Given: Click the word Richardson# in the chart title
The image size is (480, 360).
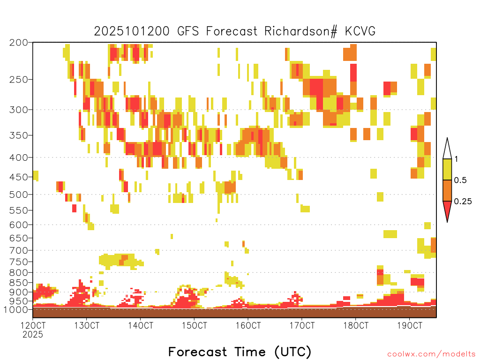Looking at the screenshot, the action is click(301, 31).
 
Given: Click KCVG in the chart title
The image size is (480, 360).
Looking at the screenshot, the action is click(360, 31).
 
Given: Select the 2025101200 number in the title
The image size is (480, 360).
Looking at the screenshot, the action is click(132, 31).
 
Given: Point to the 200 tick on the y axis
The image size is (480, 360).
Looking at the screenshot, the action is click(19, 43).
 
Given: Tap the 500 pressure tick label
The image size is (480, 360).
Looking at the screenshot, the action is click(19, 195).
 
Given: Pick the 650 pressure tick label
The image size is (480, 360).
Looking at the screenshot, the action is click(19, 238).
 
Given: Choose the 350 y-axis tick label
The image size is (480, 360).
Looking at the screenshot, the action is click(19, 135).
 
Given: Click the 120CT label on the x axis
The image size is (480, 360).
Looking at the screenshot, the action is click(33, 325).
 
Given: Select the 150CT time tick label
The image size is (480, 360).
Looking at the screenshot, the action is click(194, 325).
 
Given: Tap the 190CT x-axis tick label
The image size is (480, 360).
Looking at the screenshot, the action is click(410, 325).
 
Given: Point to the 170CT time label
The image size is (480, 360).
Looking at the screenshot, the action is click(302, 325).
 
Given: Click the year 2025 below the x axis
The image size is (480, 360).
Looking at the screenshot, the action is click(33, 335).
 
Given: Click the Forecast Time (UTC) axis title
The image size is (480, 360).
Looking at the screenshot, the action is click(240, 352).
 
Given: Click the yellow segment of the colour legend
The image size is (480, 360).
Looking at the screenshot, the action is click(447, 169).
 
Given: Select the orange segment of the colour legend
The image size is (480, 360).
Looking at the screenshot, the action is click(447, 190).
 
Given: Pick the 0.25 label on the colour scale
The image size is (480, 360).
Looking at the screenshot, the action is click(463, 202).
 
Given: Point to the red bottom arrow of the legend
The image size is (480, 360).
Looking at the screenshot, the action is click(447, 210).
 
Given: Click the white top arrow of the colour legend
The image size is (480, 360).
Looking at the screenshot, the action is click(447, 150).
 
